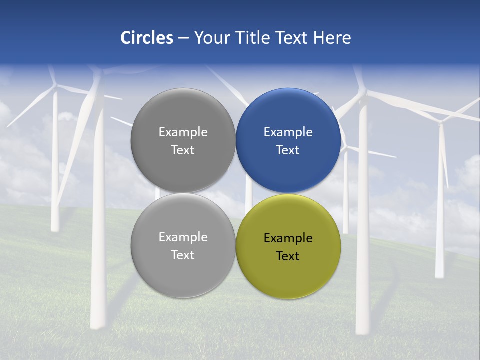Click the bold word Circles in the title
pyautogui.click(x=147, y=38)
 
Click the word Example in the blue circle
pyautogui.click(x=288, y=132)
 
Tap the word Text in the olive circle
pyautogui.click(x=288, y=256)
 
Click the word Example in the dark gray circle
pyautogui.click(x=183, y=132)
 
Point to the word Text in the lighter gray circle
pyautogui.click(x=183, y=255)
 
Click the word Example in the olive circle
pyautogui.click(x=288, y=238)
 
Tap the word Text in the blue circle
pyautogui.click(x=288, y=150)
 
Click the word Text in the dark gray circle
pyautogui.click(x=183, y=150)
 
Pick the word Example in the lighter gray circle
pyautogui.click(x=183, y=237)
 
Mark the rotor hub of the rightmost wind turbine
pyautogui.click(x=440, y=121)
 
